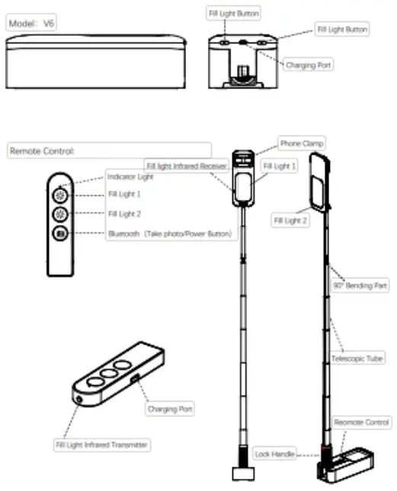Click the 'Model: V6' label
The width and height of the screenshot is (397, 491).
[31, 24]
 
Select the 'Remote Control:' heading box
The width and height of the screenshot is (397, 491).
[109, 151]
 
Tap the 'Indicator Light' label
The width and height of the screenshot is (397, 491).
[130, 177]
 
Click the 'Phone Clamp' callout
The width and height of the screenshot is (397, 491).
[302, 143]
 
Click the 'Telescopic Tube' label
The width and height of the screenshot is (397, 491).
[357, 357]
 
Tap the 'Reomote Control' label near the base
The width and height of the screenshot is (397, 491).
[363, 422]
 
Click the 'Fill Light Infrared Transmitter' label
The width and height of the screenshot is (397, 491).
[101, 444]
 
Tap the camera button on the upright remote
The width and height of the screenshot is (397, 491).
[61, 235]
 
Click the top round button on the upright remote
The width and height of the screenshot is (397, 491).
[61, 195]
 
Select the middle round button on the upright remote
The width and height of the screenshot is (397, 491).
[61, 215]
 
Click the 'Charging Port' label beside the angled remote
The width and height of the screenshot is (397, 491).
[171, 409]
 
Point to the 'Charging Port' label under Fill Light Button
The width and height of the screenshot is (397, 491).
[309, 66]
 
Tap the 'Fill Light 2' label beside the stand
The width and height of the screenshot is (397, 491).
[290, 220]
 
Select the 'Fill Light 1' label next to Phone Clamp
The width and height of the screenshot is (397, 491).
[279, 165]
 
